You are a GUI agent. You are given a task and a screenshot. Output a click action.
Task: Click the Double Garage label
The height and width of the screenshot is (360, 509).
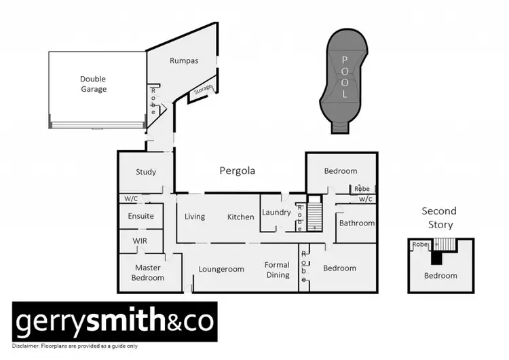93,84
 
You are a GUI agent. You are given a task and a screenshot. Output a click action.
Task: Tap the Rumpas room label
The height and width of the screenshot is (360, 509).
183,60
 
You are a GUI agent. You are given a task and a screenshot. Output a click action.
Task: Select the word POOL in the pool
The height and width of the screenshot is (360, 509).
344,77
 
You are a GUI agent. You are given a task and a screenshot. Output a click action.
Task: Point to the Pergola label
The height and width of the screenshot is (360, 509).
237,171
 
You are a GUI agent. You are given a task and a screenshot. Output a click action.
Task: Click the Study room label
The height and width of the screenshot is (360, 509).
146,172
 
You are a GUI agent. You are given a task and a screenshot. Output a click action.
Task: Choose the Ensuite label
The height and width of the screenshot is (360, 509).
141,216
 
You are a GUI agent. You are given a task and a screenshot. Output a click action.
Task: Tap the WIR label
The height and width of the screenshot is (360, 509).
140,240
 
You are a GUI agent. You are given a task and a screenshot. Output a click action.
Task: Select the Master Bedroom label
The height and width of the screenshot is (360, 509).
148,272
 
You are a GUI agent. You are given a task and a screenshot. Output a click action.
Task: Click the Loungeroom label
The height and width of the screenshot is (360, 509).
221,269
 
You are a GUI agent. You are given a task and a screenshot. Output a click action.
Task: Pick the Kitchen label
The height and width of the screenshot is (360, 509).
241,217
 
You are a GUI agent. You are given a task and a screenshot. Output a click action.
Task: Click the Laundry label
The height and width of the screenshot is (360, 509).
277,213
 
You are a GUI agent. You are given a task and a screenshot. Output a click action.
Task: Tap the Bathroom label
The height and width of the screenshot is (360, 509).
357,223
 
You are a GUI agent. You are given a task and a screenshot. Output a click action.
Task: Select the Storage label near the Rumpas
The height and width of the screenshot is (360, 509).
203,89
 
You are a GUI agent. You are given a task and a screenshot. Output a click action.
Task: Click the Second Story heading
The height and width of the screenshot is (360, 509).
439,217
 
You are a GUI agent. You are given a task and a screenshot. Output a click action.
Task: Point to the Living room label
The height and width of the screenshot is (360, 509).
195,217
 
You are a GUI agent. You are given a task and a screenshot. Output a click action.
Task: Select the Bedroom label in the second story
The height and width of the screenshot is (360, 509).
440,275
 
